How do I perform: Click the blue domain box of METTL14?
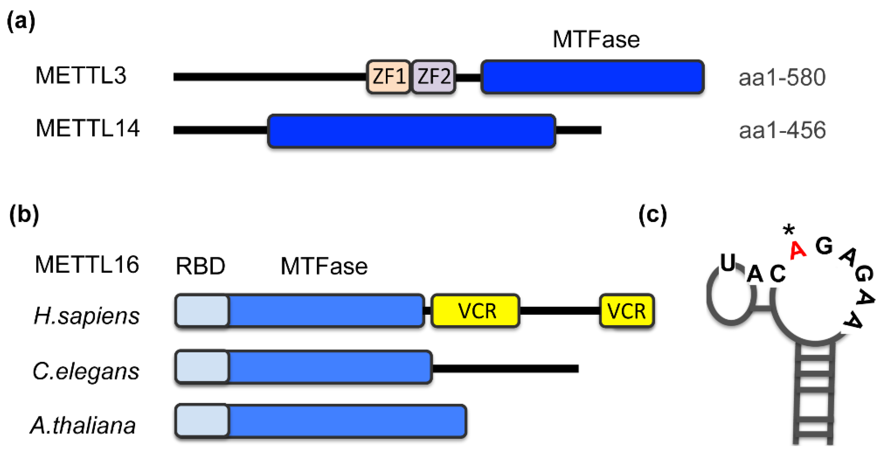pos(411,131)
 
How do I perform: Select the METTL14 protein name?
pos(88,128)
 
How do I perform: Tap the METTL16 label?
pos(87,265)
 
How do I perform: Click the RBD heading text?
pos(200,266)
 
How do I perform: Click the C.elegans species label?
pos(86,371)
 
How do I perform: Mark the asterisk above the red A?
pos(789,230)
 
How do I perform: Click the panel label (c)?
pos(653,215)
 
